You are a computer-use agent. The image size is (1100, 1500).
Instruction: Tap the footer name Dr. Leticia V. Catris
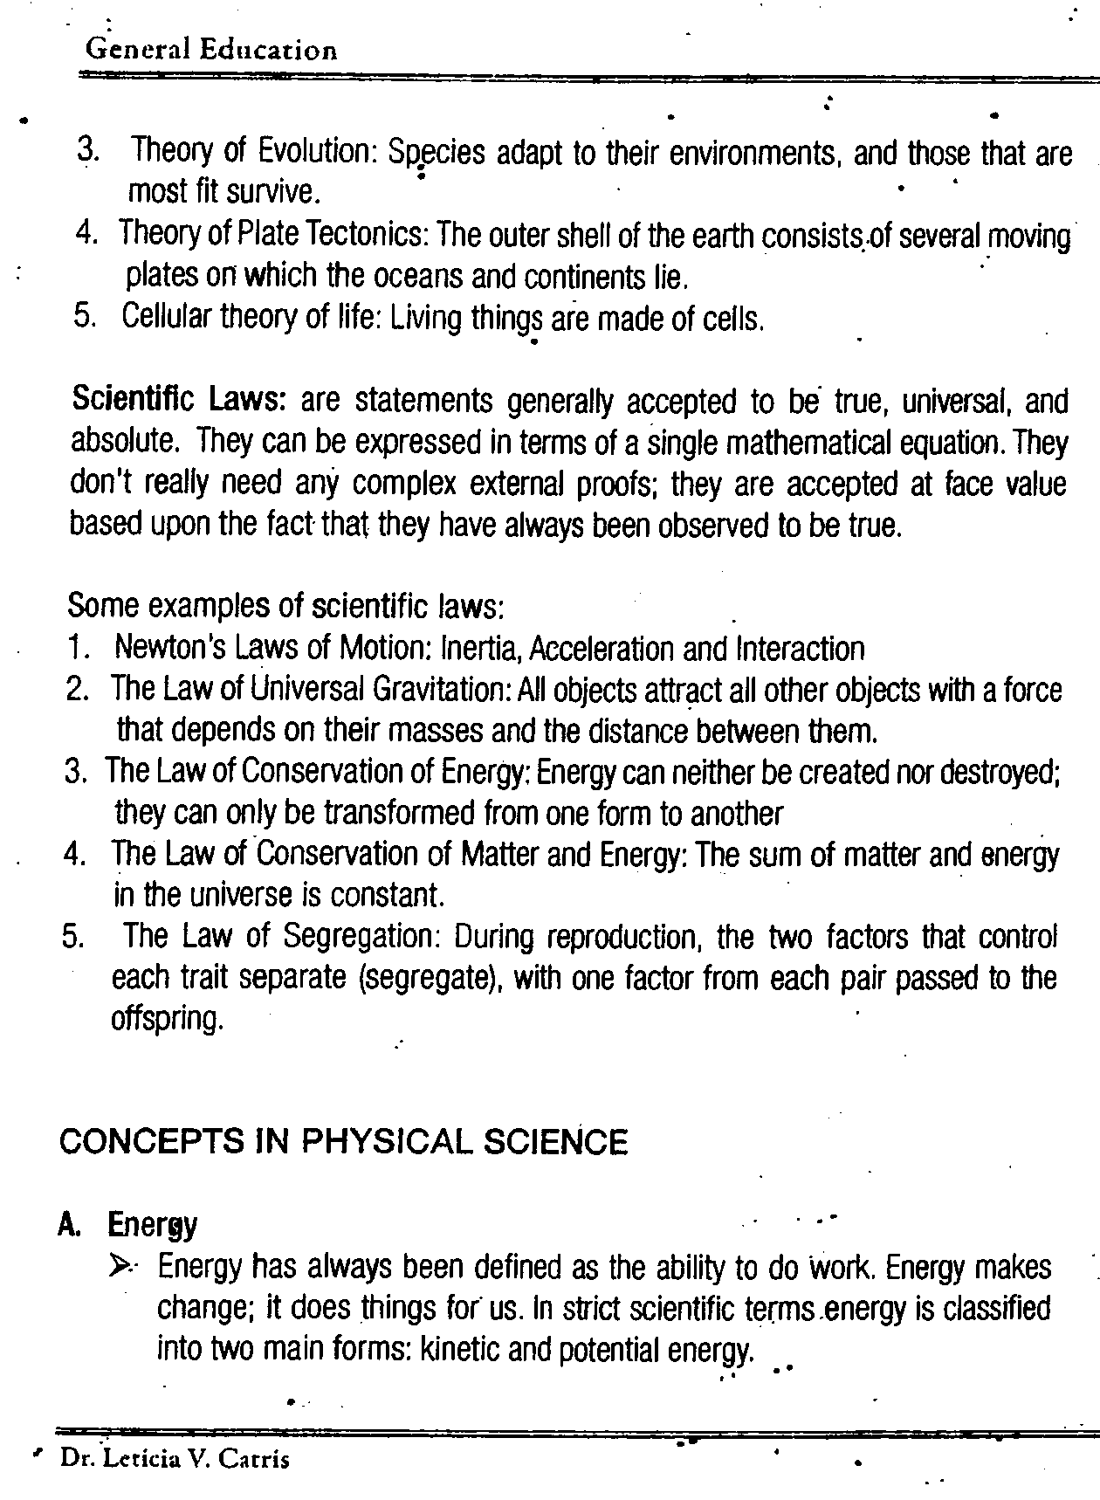coord(175,1458)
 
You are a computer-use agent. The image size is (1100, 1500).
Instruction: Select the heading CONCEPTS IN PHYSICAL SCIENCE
coord(343,1142)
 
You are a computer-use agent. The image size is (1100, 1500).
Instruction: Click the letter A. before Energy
coord(70,1225)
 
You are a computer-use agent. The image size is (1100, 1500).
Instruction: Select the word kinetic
coord(459,1350)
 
